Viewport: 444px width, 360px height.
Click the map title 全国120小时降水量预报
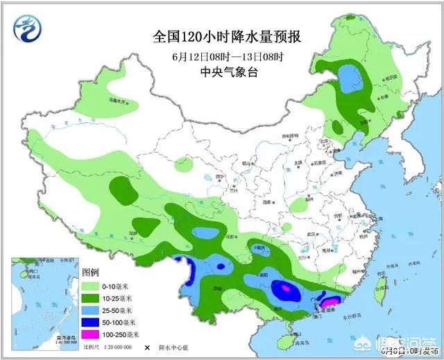(x=222, y=35)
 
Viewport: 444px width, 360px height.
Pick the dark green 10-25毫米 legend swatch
(x=91, y=298)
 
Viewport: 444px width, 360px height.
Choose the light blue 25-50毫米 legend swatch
(x=91, y=310)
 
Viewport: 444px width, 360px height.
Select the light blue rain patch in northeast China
(x=352, y=78)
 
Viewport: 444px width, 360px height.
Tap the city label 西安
(x=266, y=201)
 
